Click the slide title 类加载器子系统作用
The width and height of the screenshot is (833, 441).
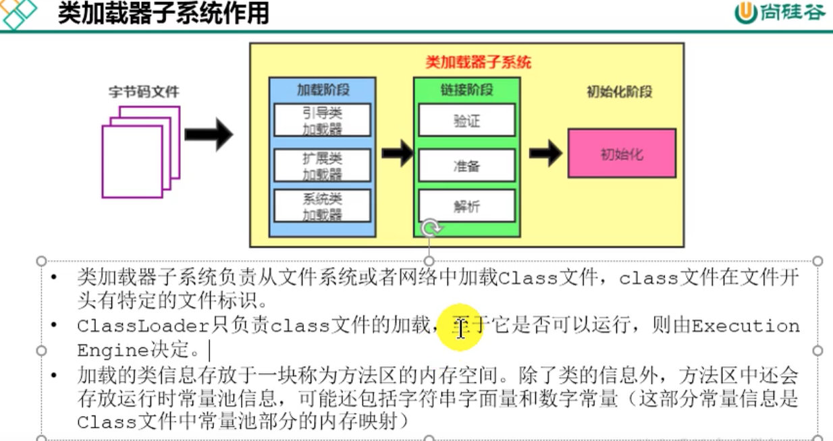(163, 13)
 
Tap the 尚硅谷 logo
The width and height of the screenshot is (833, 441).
(780, 13)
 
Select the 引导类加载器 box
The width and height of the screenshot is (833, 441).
(322, 120)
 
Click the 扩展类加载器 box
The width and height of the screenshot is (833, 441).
(322, 166)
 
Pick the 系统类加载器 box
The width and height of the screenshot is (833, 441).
(322, 206)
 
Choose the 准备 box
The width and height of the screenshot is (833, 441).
(466, 165)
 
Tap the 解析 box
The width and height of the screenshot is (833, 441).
(466, 206)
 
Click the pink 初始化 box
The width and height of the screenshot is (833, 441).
(622, 154)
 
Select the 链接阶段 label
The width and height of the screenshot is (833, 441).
(466, 90)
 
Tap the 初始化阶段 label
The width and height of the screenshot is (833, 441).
(619, 92)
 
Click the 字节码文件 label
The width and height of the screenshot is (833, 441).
(144, 91)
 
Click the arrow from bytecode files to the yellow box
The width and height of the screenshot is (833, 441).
(208, 136)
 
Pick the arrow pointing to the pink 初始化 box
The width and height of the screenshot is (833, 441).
(545, 153)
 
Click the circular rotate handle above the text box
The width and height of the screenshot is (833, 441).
(429, 229)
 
